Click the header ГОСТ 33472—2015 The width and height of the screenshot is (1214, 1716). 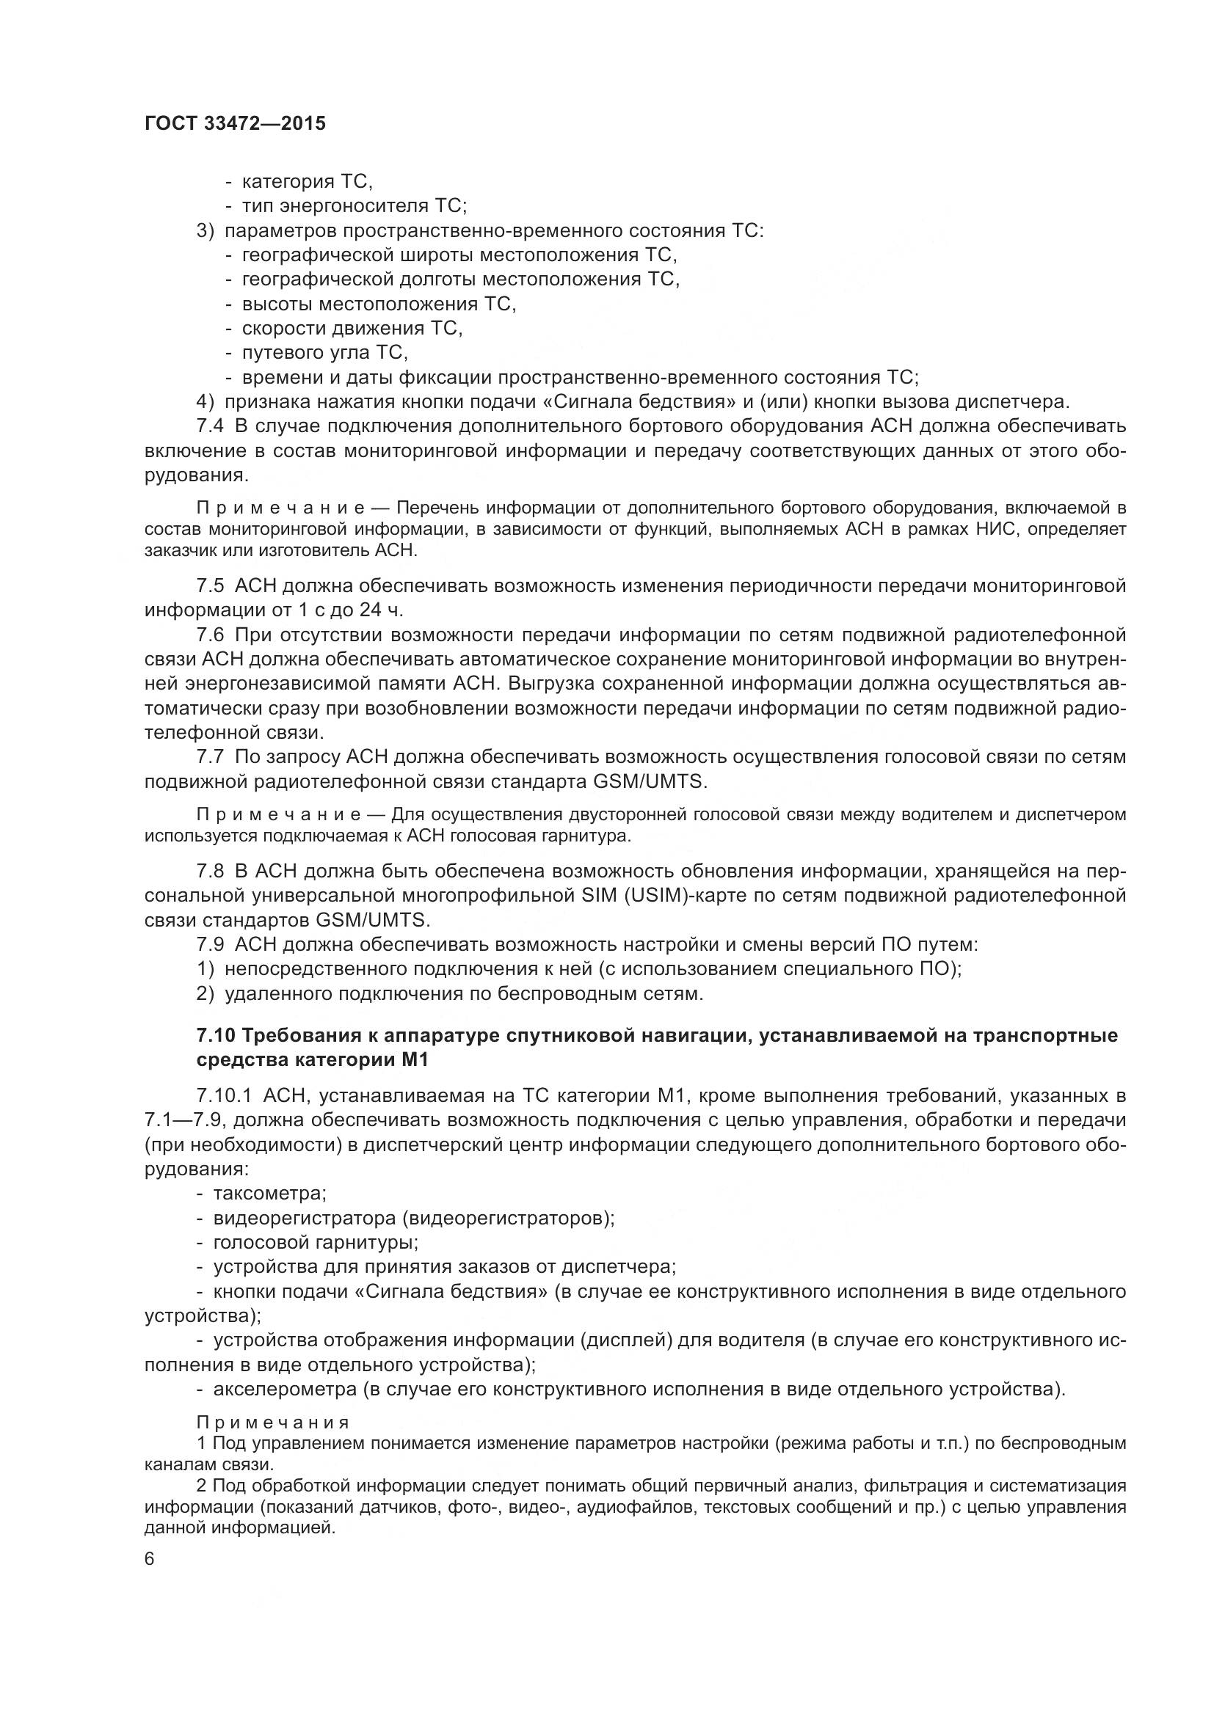(235, 124)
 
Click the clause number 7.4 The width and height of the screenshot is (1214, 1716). (210, 427)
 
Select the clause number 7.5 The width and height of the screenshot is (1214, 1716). (210, 585)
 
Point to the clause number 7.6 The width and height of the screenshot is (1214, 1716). (210, 635)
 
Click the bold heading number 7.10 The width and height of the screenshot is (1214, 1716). (216, 1035)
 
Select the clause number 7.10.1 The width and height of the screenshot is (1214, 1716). (222, 1096)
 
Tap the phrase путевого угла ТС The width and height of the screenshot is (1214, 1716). (324, 352)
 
